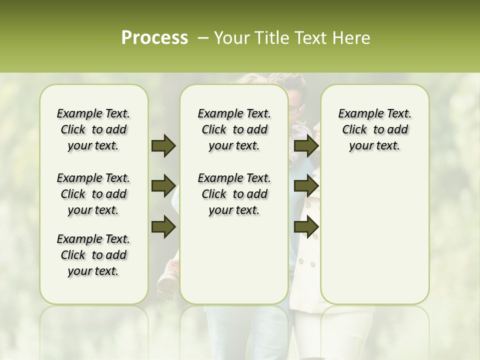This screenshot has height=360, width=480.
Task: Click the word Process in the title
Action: [154, 38]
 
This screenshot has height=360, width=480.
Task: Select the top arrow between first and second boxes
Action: [163, 146]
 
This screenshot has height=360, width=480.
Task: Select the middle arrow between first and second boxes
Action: [163, 186]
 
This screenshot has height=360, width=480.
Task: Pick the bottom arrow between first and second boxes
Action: [163, 226]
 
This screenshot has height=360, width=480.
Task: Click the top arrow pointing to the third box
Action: [306, 146]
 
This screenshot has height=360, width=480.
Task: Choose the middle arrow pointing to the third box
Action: [306, 186]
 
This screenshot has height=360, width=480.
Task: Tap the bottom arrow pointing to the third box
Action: [306, 226]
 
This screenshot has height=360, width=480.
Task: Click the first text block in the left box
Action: [93, 129]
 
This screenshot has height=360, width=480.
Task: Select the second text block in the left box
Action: [93, 194]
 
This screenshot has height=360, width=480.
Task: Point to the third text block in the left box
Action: [93, 255]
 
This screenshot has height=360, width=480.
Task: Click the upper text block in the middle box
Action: [234, 129]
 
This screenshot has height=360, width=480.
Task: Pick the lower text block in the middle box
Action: [234, 194]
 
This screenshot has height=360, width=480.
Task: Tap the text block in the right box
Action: [374, 129]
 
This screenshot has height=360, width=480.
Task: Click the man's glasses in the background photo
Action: [296, 109]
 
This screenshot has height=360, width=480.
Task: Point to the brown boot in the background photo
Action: [167, 280]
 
